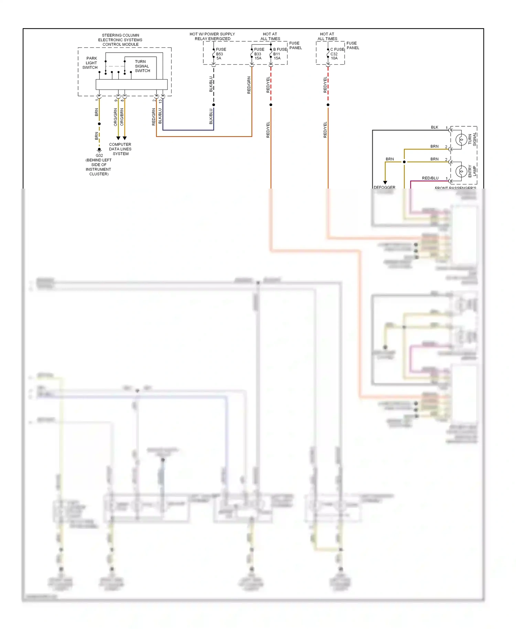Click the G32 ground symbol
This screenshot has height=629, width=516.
[x=99, y=150]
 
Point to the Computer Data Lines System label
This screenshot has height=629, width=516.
[x=120, y=149]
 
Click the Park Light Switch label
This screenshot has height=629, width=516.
[x=90, y=63]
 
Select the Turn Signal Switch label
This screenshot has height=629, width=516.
[x=142, y=66]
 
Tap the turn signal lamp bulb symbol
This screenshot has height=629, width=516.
[x=461, y=140]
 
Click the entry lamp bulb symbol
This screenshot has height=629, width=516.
[x=461, y=171]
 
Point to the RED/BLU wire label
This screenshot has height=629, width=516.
[x=430, y=178]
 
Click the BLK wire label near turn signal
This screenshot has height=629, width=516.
[x=434, y=127]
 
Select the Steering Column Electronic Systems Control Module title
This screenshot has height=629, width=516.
[x=120, y=40]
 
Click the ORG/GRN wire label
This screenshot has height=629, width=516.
[x=116, y=117]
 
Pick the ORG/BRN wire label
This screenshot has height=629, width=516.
[x=122, y=117]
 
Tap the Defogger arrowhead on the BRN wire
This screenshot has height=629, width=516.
[x=385, y=183]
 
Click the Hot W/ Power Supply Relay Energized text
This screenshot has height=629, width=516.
[x=212, y=36]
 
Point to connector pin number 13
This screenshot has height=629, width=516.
[x=160, y=102]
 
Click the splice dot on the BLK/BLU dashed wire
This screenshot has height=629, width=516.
[x=214, y=105]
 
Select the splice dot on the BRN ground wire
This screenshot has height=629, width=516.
[x=99, y=124]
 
